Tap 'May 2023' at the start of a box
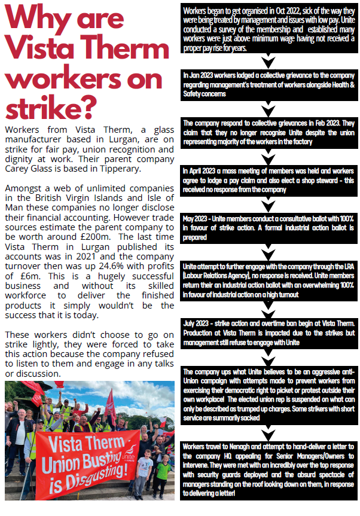click(197, 218)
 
